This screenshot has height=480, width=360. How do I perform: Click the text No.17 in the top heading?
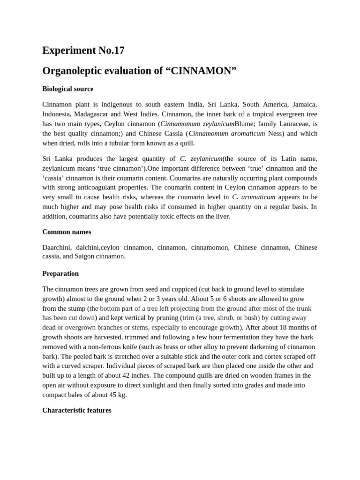(x=106, y=51)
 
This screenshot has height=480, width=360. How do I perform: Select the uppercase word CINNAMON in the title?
(x=202, y=71)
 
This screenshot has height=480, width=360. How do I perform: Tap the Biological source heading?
(x=67, y=89)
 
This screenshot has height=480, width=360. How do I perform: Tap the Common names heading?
(x=67, y=232)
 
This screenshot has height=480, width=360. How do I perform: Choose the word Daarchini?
(x=58, y=247)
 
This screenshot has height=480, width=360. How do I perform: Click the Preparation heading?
(x=60, y=273)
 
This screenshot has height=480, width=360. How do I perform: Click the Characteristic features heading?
(x=77, y=410)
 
